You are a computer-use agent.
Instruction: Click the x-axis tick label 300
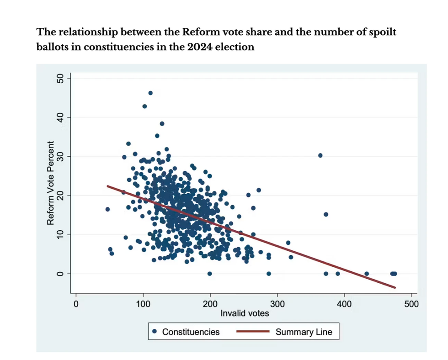(277, 303)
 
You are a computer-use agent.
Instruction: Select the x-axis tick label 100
(143, 303)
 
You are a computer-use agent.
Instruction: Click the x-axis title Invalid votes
(245, 313)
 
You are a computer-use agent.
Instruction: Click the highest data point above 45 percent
(150, 93)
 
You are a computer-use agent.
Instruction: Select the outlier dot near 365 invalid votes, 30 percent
(320, 155)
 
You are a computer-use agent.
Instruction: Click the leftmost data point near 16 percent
(107, 209)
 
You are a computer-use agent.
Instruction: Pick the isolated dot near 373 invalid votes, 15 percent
(326, 214)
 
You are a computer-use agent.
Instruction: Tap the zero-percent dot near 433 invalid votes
(367, 274)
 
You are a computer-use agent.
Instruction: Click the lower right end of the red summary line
(395, 287)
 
